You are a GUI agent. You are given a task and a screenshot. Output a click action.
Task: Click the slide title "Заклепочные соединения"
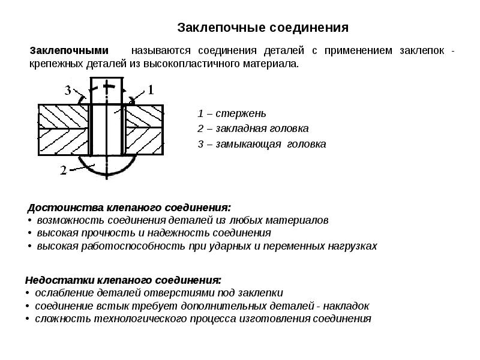263,28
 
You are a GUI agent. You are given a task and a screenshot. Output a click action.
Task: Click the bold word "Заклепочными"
69,50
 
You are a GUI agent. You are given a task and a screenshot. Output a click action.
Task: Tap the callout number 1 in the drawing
151,90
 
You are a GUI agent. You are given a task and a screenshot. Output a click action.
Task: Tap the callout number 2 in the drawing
63,170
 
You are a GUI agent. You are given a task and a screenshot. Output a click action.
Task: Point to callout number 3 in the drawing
68,91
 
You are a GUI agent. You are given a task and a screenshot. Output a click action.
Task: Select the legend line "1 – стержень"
232,113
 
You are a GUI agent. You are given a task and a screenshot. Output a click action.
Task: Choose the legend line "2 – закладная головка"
253,128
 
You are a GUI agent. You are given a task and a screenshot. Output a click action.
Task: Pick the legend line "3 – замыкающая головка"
262,144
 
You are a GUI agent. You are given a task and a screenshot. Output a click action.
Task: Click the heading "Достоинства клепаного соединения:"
129,208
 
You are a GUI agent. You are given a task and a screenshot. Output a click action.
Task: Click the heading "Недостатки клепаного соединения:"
123,280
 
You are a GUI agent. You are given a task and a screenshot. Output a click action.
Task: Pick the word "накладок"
346,306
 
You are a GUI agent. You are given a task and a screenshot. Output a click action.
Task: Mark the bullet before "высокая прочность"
29,233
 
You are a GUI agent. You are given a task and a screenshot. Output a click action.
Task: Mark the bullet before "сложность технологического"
28,319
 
